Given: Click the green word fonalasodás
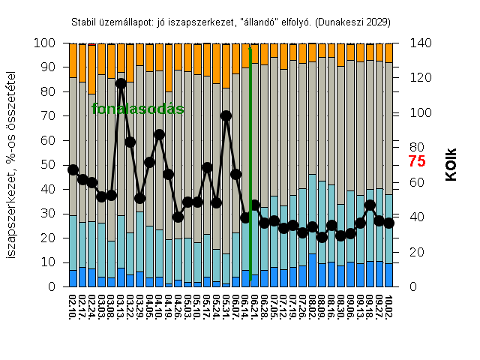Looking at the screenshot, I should [138, 109].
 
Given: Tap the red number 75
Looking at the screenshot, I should [417, 161].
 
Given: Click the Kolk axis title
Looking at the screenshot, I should [451, 164].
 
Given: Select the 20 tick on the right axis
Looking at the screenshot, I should [414, 252].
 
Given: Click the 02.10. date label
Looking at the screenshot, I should [73, 308].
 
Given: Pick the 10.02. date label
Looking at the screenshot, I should [388, 308].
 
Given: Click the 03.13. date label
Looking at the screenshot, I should [121, 308].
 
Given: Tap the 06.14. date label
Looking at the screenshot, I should [245, 308].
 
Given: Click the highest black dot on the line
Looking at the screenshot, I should [121, 83].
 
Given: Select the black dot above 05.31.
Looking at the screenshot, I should [226, 115].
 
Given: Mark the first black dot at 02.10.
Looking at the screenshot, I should [73, 169].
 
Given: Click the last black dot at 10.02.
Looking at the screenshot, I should [388, 223].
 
